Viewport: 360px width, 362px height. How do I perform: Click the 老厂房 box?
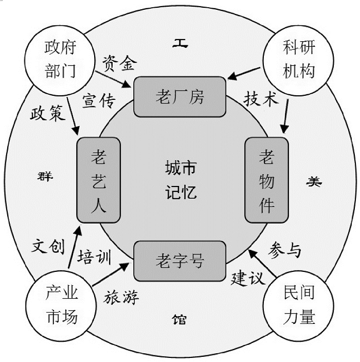[x=180, y=97]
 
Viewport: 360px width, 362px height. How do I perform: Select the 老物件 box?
[x=266, y=180]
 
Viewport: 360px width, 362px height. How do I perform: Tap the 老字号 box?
[x=180, y=262]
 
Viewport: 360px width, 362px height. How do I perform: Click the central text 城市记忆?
[x=180, y=180]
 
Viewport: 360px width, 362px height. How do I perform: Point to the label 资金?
[x=119, y=63]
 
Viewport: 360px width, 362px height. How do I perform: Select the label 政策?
[x=45, y=114]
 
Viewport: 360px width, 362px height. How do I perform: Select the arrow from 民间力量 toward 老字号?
[x=262, y=261]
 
